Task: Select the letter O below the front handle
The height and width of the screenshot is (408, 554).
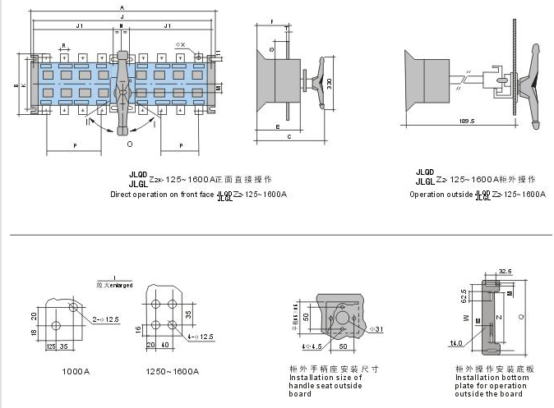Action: [129, 144]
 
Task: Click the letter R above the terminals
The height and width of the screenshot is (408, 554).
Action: [63, 46]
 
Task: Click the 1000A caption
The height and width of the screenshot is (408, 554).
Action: [76, 371]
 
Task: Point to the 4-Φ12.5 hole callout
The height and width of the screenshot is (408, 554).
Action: [201, 336]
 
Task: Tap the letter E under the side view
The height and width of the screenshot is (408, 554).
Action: [278, 128]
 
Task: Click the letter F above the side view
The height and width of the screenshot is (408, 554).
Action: [271, 18]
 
